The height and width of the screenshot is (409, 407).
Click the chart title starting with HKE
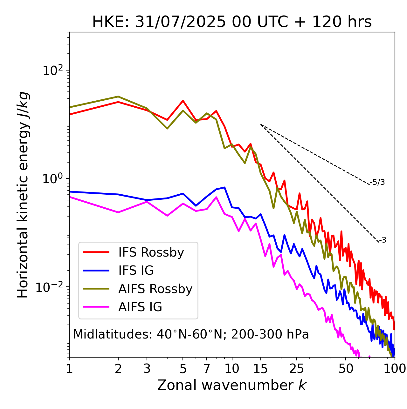[232, 22]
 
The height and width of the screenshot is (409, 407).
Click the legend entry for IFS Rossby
[151, 252]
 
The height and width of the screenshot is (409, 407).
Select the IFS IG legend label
[136, 271]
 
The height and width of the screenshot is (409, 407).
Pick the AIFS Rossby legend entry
[155, 289]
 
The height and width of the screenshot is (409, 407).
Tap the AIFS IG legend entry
[140, 307]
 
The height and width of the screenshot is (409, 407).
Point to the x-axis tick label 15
[260, 369]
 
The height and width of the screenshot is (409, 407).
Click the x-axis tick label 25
[297, 369]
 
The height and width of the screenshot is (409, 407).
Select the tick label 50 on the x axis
[346, 369]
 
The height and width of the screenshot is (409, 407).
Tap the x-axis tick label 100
[394, 369]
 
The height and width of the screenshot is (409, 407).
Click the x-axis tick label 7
[207, 369]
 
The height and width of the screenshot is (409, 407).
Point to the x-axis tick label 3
[147, 369]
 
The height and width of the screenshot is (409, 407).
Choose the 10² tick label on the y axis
[52, 70]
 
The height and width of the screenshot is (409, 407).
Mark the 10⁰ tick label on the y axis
[52, 179]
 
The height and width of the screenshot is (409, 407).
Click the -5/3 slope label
[377, 182]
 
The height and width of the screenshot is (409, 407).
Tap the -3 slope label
[383, 240]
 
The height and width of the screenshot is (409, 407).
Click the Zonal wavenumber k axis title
[232, 385]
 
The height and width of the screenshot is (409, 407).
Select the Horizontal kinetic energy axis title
[23, 195]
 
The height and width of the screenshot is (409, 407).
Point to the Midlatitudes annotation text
[191, 334]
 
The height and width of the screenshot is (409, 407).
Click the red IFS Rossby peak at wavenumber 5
[183, 101]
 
